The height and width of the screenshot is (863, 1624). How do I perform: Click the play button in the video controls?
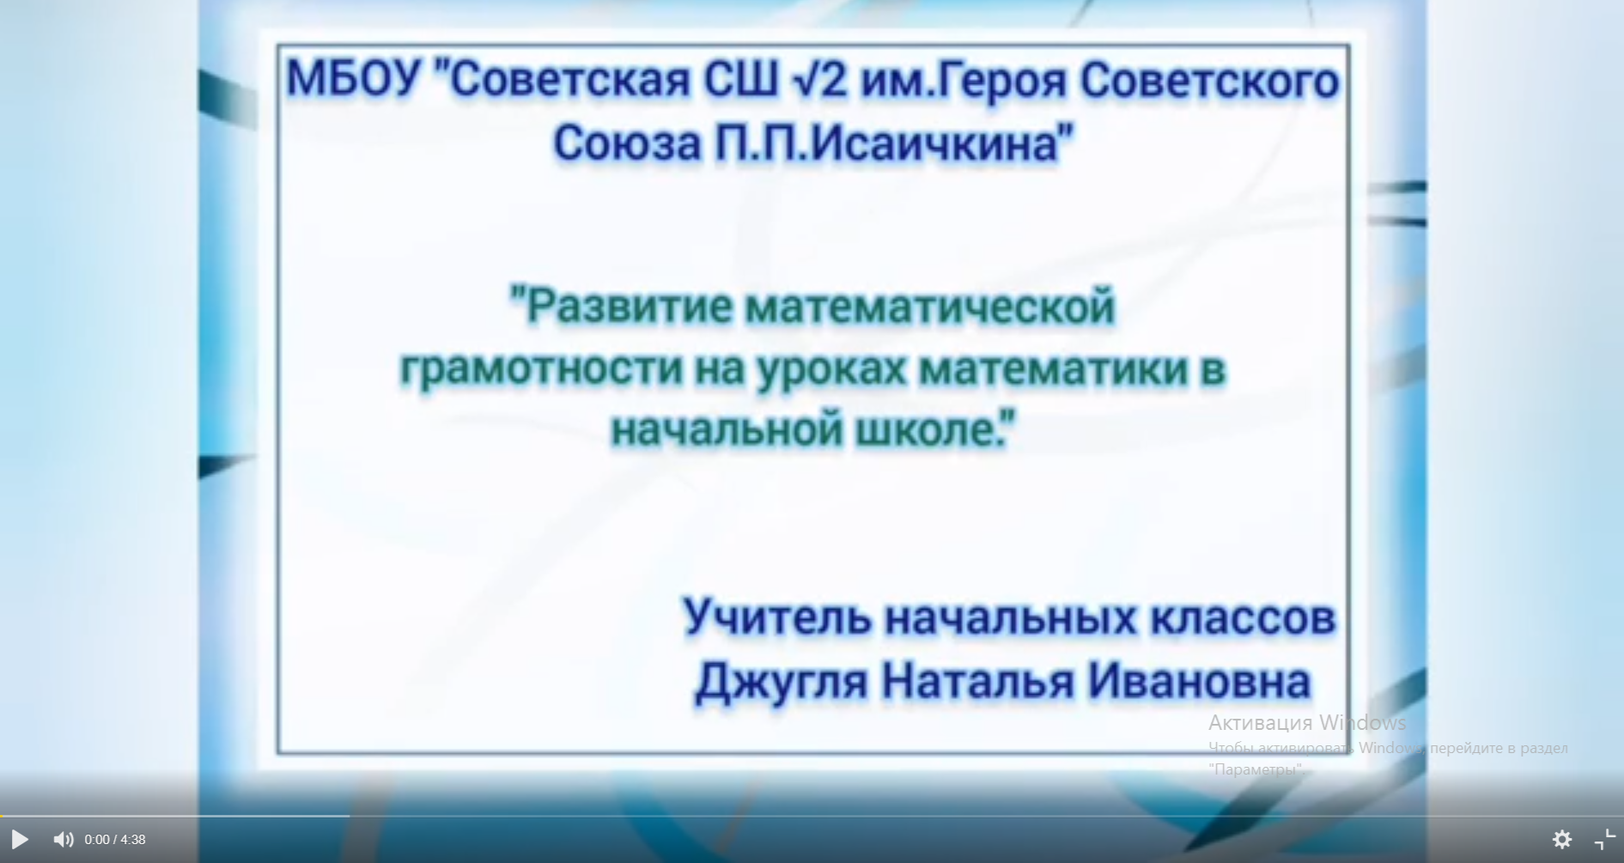(x=20, y=839)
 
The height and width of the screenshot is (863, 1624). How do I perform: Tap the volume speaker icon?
(x=64, y=839)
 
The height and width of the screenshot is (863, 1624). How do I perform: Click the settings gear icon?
(x=1562, y=839)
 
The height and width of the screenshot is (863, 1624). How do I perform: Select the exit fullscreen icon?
(x=1604, y=839)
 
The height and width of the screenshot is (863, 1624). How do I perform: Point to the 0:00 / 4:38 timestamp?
(x=115, y=840)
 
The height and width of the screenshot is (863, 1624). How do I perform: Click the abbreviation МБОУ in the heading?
(x=354, y=80)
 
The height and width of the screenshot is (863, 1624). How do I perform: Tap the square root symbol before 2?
(x=804, y=80)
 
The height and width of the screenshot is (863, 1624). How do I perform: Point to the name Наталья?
(x=978, y=682)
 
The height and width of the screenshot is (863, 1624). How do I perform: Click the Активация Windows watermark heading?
(x=1307, y=722)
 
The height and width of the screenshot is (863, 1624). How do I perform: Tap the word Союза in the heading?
(x=628, y=143)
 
